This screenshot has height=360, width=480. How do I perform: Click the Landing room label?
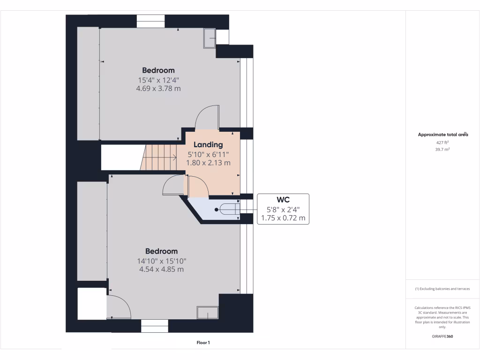208,145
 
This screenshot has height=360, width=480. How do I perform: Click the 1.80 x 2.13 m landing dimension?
208,163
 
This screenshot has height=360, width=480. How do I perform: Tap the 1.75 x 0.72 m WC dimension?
283,218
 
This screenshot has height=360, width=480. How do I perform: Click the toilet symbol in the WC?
229,210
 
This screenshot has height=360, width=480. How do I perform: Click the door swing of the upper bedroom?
208,117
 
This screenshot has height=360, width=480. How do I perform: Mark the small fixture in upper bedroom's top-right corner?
209,38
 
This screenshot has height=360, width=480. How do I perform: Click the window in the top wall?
151,22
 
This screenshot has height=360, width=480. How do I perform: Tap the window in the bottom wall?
155,326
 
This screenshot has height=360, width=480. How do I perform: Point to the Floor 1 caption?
203,343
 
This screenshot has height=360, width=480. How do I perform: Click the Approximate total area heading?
442,135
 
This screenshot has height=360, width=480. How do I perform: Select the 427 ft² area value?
442,142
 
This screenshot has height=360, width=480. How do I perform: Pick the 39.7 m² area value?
442,149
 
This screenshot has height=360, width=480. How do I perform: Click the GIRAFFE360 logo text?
442,337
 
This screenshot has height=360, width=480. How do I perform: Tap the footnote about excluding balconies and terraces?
442,289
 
